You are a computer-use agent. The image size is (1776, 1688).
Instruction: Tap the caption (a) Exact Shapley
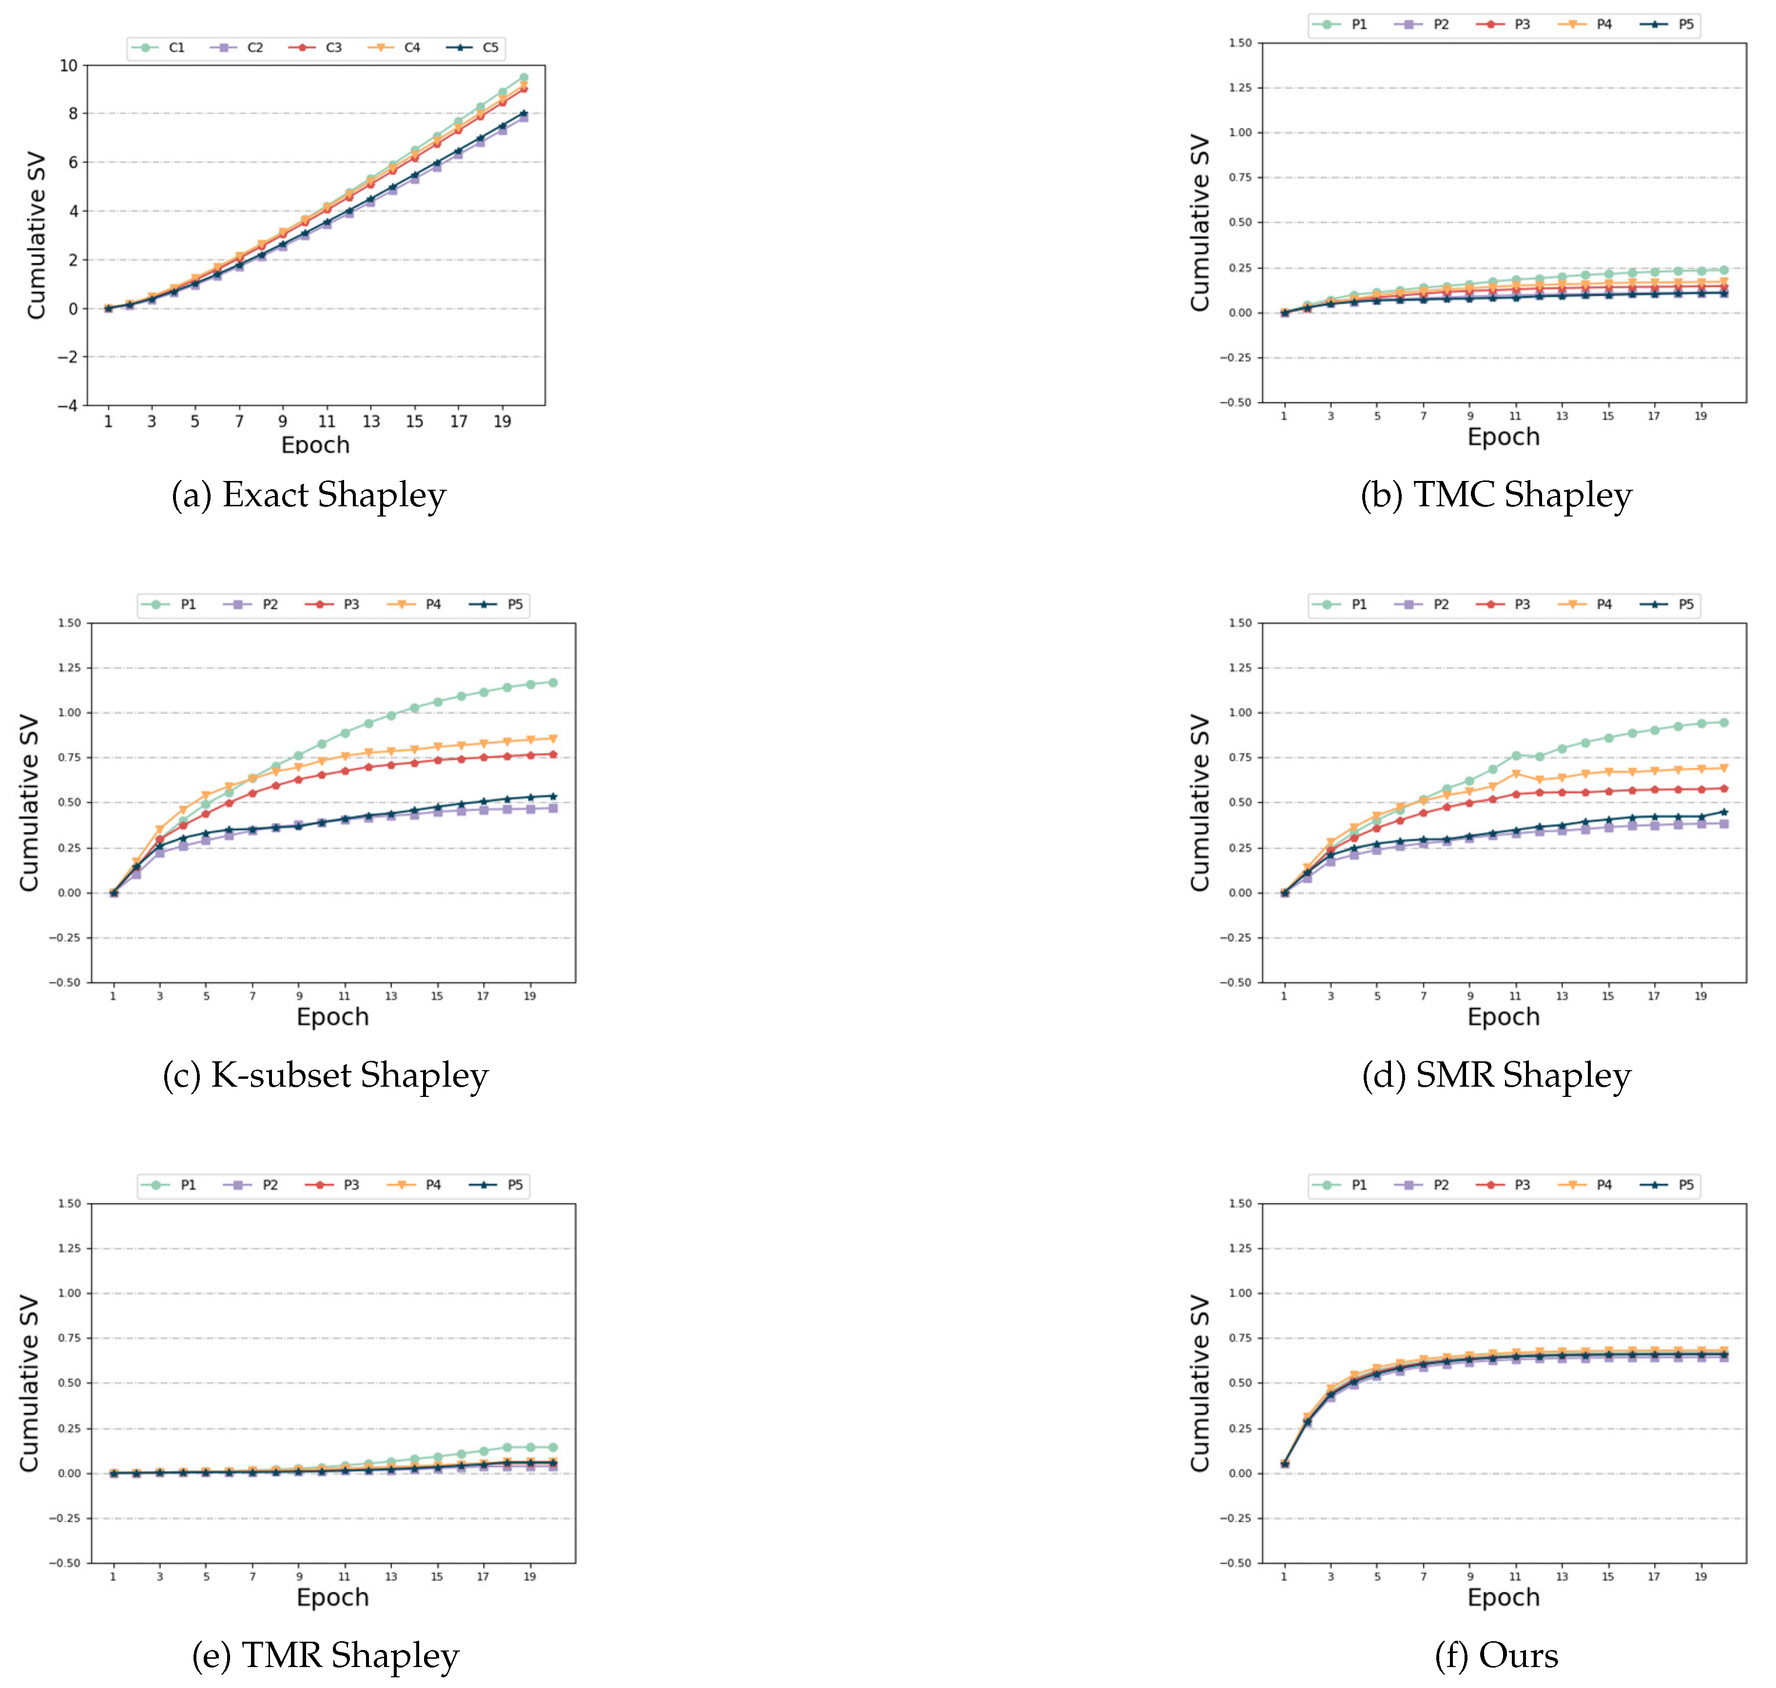pos(309,495)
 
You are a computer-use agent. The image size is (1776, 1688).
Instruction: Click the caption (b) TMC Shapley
pos(1496,495)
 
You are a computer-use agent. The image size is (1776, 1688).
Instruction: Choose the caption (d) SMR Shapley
pos(1496,1075)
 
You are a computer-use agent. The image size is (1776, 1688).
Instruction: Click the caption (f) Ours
pos(1496,1656)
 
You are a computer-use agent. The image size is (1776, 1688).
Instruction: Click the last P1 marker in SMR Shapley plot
pos(1724,723)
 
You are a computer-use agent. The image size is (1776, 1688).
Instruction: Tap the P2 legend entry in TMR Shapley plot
pos(255,1185)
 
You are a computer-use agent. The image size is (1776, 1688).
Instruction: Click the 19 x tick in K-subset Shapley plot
pos(530,996)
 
